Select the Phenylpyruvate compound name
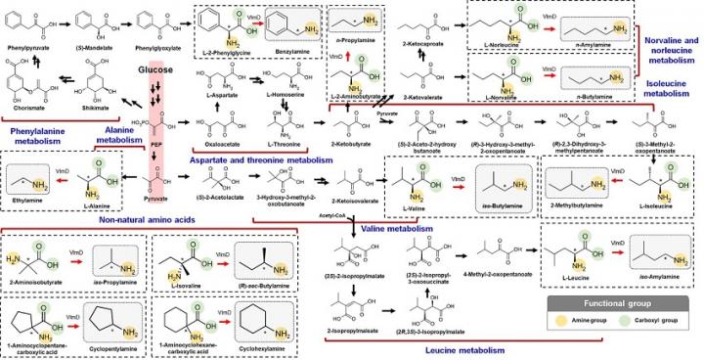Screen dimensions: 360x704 click(x=27, y=45)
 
